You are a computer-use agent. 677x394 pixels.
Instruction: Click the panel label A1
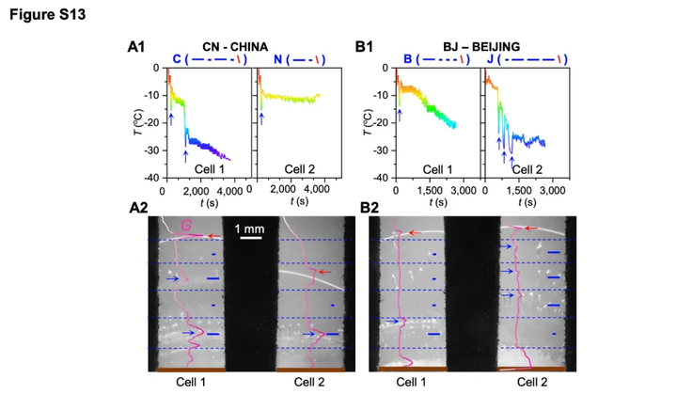tap(137, 46)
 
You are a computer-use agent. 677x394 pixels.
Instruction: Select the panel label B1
tap(366, 46)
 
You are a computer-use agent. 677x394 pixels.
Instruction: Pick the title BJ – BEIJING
tap(481, 45)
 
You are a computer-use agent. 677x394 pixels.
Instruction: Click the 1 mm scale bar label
tap(250, 229)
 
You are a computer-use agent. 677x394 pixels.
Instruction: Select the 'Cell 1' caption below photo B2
tap(411, 382)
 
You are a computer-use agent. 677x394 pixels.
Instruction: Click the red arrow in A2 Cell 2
tap(324, 272)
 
